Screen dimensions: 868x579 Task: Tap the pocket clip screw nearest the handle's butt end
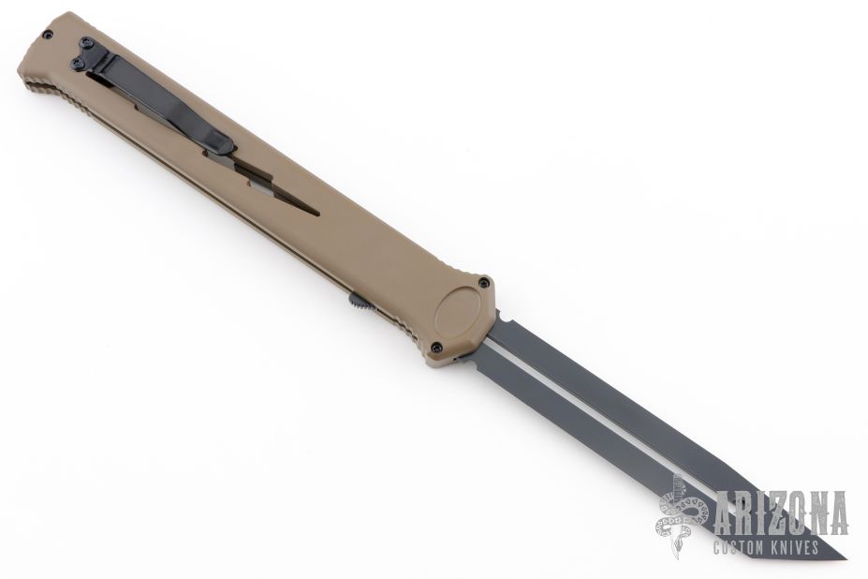(x=86, y=42)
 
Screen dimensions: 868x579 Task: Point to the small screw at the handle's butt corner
(x=48, y=35)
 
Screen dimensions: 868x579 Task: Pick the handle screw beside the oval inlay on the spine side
(x=485, y=282)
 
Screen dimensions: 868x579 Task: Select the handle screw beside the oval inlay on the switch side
(x=436, y=348)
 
